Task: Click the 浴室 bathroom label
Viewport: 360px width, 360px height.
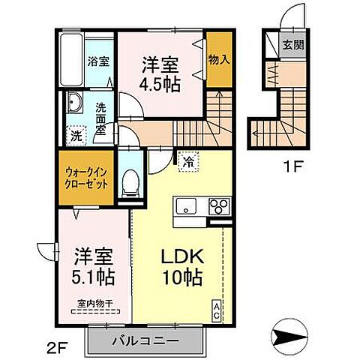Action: coord(97,61)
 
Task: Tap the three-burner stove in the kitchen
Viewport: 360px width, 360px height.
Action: coord(218,205)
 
